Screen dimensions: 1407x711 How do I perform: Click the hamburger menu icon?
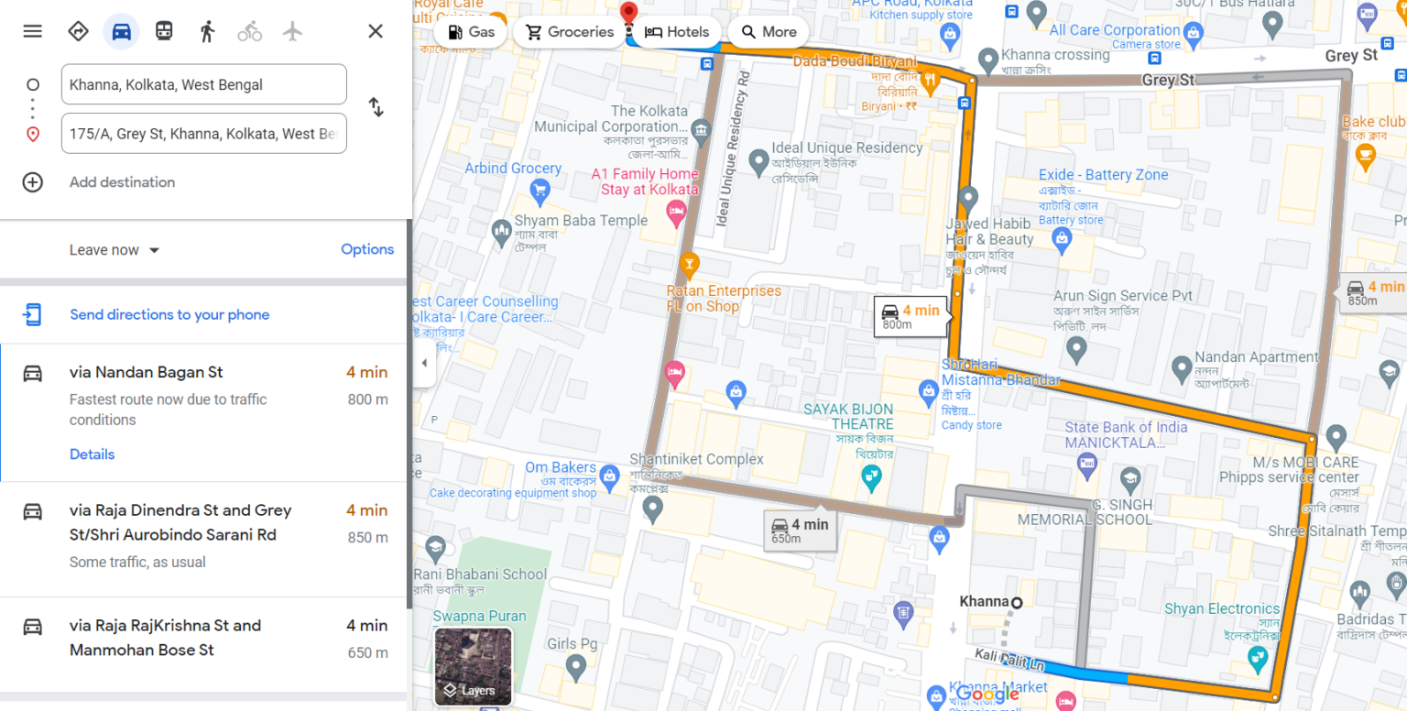tap(33, 31)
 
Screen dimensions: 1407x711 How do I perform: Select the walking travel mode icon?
tap(207, 31)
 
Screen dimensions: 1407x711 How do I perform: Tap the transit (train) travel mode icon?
tap(164, 31)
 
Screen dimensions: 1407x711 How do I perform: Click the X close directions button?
tap(376, 31)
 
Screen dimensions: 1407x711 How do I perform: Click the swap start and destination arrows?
tap(376, 107)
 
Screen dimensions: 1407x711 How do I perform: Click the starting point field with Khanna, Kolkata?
tap(203, 84)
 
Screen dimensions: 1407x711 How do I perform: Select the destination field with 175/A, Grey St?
tap(203, 134)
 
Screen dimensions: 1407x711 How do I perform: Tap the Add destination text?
tap(122, 182)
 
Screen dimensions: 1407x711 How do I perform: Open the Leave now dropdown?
tap(115, 250)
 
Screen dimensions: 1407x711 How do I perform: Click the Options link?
tap(367, 249)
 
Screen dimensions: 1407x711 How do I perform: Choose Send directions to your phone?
tap(169, 314)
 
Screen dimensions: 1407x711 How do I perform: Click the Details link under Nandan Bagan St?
tap(92, 454)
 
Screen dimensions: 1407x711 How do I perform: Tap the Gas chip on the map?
tap(471, 32)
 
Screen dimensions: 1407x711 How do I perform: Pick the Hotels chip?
tap(677, 32)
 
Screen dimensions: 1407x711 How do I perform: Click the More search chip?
tap(769, 32)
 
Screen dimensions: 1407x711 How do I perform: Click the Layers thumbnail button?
tap(473, 666)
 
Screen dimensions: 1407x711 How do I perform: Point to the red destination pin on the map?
tap(628, 13)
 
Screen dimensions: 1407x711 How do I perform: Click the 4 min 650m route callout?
tap(800, 530)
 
